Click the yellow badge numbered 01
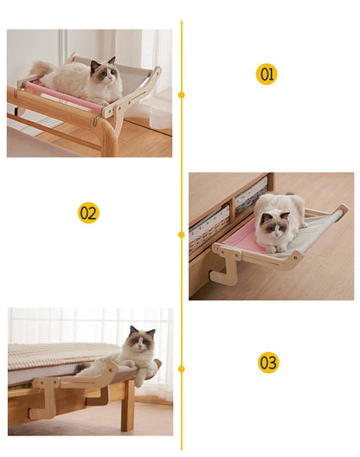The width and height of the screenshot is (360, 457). point(267,74)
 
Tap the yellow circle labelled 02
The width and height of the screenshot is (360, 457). point(88,213)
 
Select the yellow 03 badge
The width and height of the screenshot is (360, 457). point(268,363)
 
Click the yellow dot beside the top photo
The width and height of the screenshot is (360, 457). point(181,94)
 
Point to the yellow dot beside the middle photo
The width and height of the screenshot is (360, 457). point(181,234)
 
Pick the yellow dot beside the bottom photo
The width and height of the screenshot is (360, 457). point(181,369)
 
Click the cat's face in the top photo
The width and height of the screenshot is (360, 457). point(105,73)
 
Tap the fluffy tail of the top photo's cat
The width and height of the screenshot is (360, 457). point(39,69)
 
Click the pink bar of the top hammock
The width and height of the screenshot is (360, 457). point(61,95)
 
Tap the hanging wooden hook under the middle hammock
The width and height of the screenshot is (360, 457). point(226,271)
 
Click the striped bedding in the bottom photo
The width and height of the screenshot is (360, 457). point(52,355)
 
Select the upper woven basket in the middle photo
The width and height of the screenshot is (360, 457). point(250,196)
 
